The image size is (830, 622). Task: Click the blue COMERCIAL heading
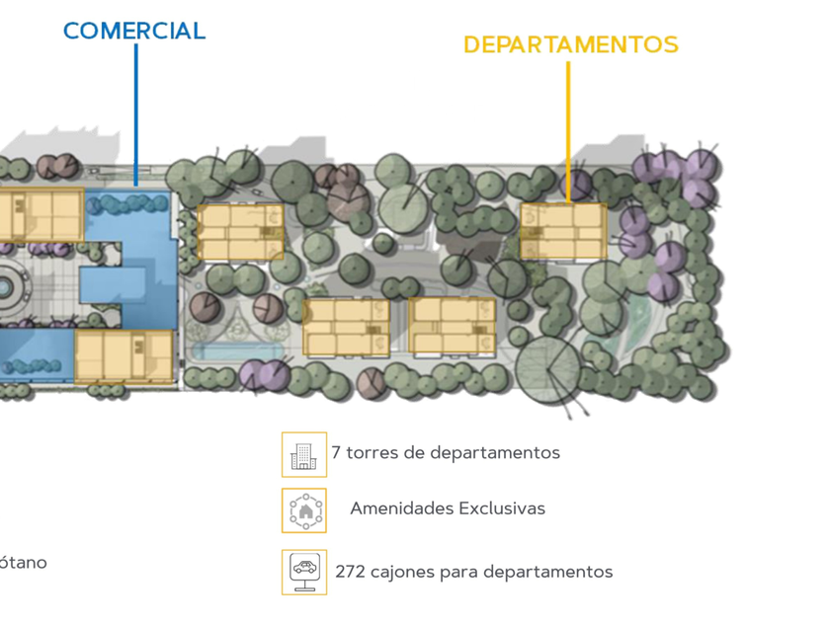pos(133,31)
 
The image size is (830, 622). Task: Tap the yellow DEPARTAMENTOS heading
pos(570,45)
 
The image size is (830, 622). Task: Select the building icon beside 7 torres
pos(303,454)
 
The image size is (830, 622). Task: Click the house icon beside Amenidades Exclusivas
pos(303,510)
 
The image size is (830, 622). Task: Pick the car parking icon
pos(303,571)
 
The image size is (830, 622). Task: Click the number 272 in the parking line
pos(350,572)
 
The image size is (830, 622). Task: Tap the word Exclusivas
pos(501,509)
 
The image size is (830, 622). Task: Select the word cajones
pos(403,573)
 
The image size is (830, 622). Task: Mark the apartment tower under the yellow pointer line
pos(563,231)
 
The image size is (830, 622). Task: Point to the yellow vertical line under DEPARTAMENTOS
pos(568,128)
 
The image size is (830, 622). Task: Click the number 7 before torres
pos(336,453)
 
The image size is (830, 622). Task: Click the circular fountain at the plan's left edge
pos(5,287)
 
